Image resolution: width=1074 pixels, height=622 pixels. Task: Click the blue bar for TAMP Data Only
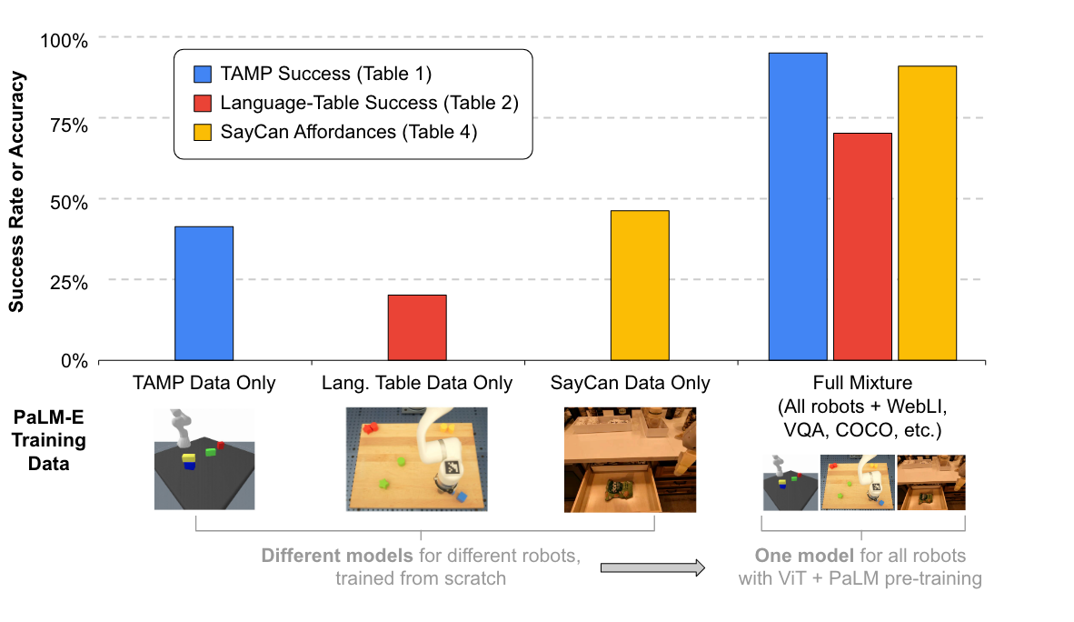click(x=204, y=293)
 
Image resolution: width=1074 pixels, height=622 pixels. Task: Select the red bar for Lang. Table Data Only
click(x=417, y=327)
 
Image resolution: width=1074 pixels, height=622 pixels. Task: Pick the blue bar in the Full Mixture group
click(x=798, y=206)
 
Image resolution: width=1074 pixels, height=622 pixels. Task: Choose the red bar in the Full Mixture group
click(x=862, y=246)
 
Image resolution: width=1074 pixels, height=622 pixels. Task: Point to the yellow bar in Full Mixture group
click(x=927, y=213)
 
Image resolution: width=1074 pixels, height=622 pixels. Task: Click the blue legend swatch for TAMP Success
click(x=203, y=74)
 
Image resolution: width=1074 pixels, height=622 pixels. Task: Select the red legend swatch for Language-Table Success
click(x=203, y=103)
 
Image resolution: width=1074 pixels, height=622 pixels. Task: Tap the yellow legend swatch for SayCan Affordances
click(x=203, y=132)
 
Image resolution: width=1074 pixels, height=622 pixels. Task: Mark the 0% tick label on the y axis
click(x=74, y=361)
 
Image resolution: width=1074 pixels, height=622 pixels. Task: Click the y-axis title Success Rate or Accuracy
click(x=17, y=191)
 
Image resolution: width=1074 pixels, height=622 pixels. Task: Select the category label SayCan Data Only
click(x=630, y=383)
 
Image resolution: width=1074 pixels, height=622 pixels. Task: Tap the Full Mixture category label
click(x=863, y=383)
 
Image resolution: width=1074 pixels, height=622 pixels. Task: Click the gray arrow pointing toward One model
click(x=652, y=568)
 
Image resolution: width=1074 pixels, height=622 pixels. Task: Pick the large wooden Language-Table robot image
click(x=417, y=459)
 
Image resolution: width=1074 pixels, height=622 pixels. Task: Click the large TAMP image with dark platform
click(x=204, y=459)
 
